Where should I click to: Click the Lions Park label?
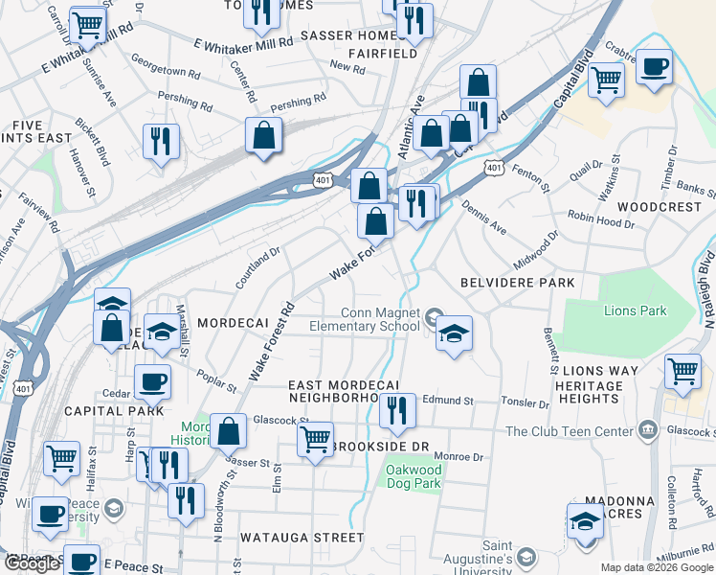636,310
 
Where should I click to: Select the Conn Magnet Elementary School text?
366,319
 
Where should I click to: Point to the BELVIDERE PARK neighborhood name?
517,283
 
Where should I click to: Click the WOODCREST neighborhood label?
660,207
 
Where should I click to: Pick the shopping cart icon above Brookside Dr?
315,440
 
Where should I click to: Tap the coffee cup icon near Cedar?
153,382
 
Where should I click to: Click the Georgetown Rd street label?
166,71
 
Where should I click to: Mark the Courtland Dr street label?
258,269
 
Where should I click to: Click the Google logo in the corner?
32,563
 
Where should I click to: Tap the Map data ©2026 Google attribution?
655,567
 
